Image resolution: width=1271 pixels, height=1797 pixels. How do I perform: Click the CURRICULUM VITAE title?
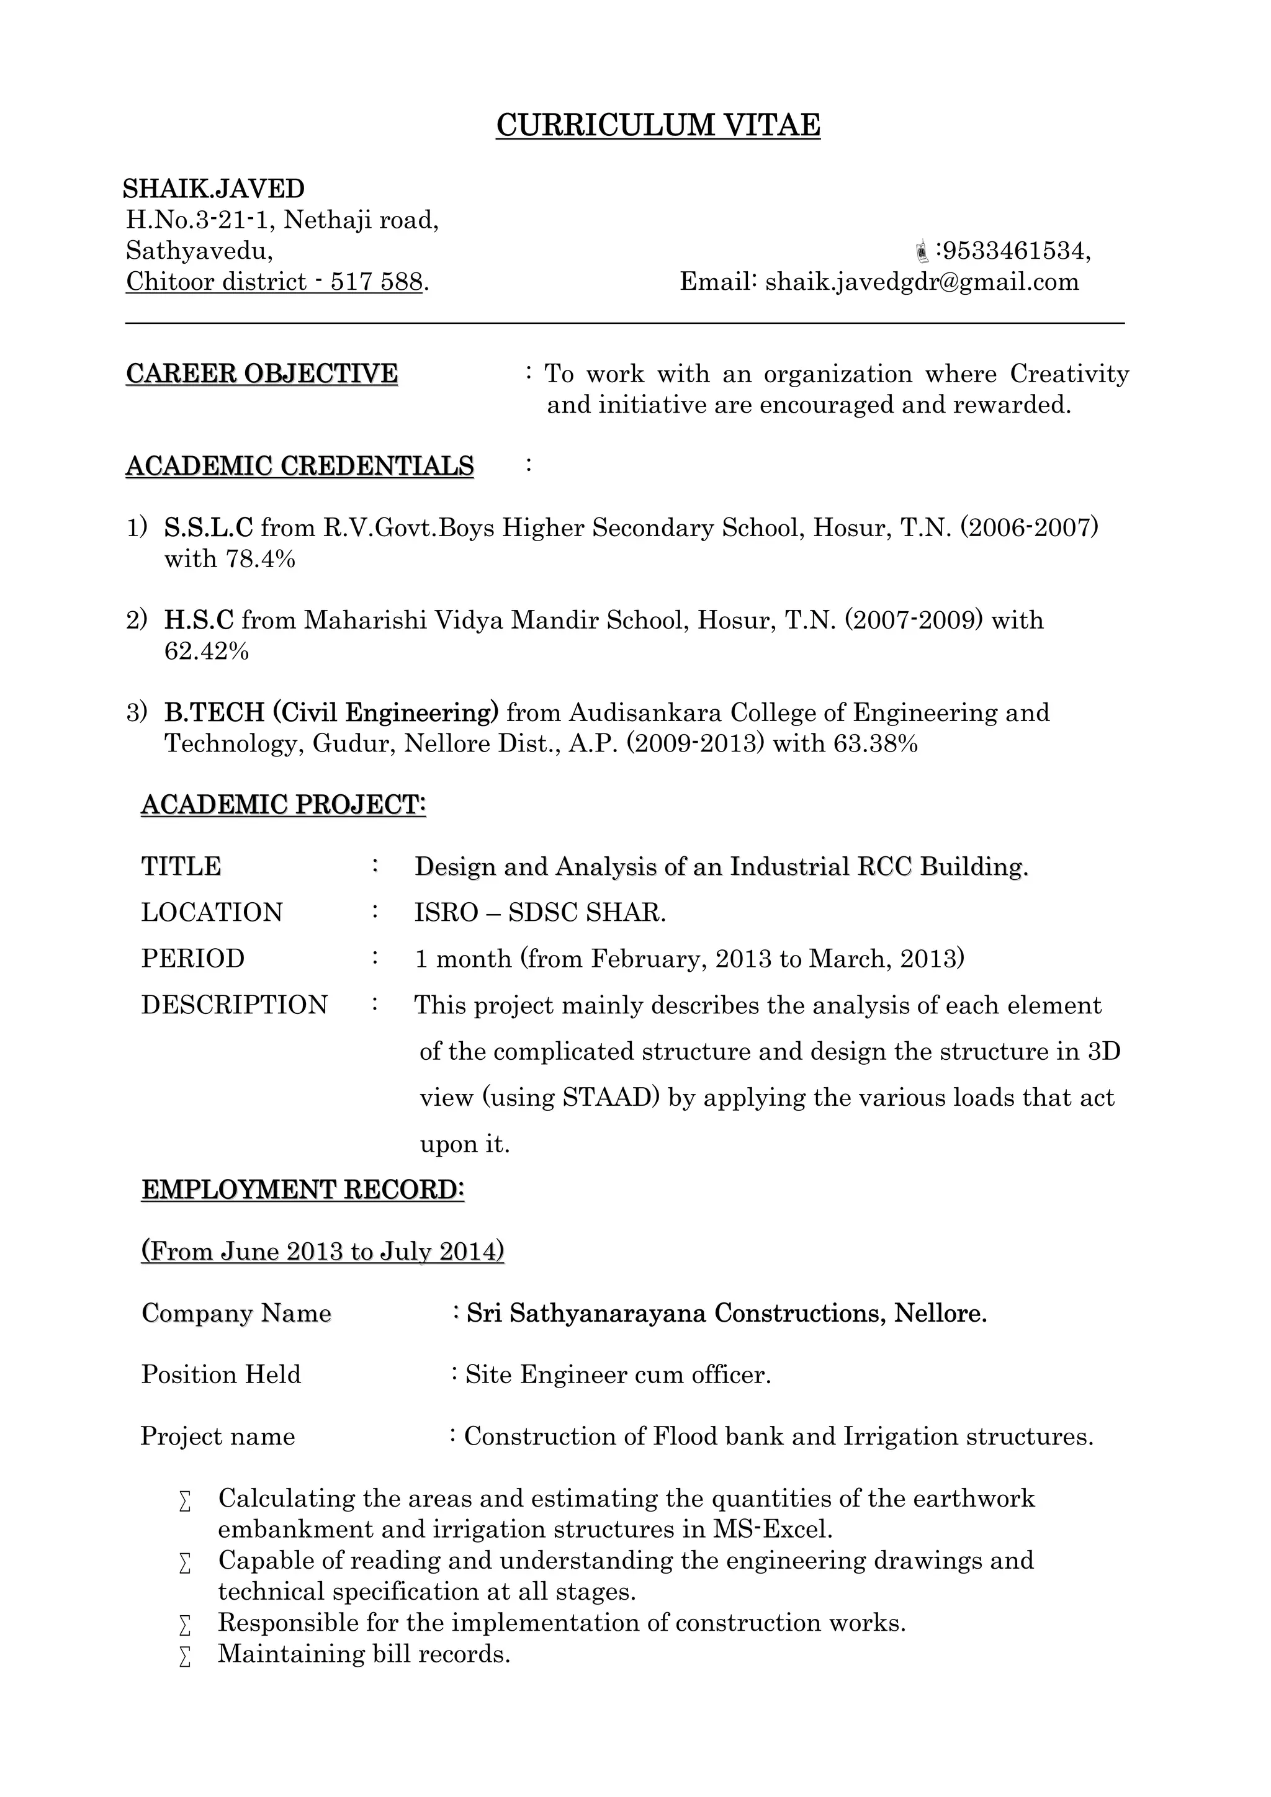[x=658, y=125]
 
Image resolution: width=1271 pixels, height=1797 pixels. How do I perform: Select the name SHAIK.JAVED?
[x=213, y=189]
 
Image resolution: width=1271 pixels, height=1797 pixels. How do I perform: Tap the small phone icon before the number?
[x=923, y=251]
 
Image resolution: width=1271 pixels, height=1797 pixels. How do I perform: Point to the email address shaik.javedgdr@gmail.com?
[x=921, y=282]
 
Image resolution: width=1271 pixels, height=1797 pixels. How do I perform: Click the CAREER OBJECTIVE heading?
[x=261, y=374]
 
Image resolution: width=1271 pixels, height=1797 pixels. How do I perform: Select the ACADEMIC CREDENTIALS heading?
[x=300, y=465]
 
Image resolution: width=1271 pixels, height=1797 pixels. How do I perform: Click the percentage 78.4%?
[x=261, y=559]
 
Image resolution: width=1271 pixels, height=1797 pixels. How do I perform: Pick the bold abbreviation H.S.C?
[x=199, y=620]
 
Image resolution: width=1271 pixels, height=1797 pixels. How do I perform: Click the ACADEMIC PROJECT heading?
[x=284, y=805]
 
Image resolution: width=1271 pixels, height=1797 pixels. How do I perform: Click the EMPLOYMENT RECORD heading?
[x=303, y=1190]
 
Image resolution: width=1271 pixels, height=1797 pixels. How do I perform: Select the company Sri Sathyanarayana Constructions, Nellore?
[x=726, y=1312]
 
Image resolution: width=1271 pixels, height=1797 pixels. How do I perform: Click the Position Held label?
[x=221, y=1374]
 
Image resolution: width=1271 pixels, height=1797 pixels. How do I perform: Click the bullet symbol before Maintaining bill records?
[x=185, y=1656]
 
